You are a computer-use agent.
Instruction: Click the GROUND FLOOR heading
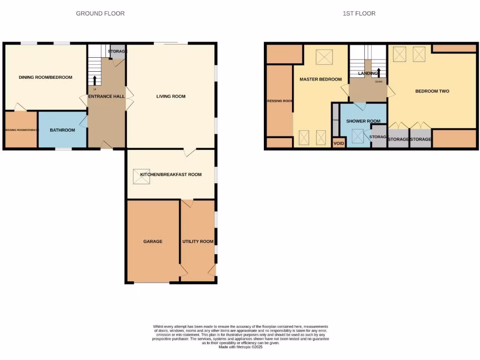click(x=100, y=14)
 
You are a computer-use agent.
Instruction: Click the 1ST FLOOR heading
click(x=359, y=14)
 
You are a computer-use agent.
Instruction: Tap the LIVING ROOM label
click(x=171, y=97)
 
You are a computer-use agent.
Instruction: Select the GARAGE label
click(x=153, y=241)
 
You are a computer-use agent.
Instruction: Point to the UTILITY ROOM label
click(x=198, y=241)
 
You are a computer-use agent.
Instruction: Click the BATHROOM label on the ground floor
click(x=62, y=130)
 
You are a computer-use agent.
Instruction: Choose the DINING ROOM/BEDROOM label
click(x=45, y=77)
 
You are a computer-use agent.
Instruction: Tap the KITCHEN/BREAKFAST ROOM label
click(x=171, y=174)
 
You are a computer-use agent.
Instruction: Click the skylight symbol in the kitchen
click(x=142, y=177)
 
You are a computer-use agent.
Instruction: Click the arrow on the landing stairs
click(x=379, y=72)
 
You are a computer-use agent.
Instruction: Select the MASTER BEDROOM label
click(x=321, y=79)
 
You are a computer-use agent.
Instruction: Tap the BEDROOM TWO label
click(x=432, y=91)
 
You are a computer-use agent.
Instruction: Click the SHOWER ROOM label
click(x=363, y=121)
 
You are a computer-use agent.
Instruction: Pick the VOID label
click(x=338, y=143)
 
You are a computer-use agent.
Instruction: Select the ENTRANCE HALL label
click(x=106, y=96)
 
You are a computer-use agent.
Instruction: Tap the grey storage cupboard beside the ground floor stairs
click(x=117, y=52)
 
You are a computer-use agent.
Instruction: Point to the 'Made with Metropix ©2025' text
click(x=240, y=347)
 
